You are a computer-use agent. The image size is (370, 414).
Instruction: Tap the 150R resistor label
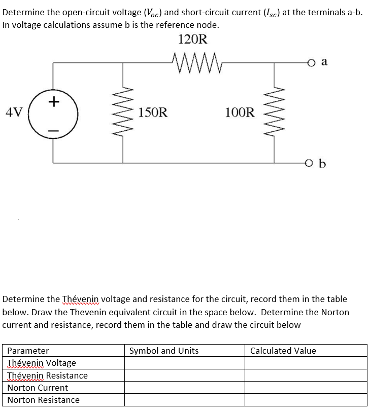click(152, 112)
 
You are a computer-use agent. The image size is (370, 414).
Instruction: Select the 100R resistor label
click(240, 112)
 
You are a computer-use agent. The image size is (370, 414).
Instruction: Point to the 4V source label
click(15, 112)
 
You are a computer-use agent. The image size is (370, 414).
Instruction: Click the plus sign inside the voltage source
click(53, 101)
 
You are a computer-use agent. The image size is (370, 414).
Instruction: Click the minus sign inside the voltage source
click(53, 130)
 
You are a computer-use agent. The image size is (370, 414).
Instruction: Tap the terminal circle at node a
click(311, 62)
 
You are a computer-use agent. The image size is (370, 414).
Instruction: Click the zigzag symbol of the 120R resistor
click(193, 61)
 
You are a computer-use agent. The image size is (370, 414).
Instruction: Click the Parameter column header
click(28, 351)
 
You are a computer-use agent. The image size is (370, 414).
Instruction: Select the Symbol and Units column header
click(164, 351)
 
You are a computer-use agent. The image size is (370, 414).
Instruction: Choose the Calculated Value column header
click(283, 351)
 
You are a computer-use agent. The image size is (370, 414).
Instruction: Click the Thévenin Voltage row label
click(42, 363)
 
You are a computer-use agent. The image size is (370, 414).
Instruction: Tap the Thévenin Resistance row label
click(47, 375)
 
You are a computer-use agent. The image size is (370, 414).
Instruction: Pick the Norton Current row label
click(38, 388)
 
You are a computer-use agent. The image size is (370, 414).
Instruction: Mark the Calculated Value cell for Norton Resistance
click(306, 400)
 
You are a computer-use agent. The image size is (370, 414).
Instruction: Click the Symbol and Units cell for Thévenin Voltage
click(185, 363)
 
